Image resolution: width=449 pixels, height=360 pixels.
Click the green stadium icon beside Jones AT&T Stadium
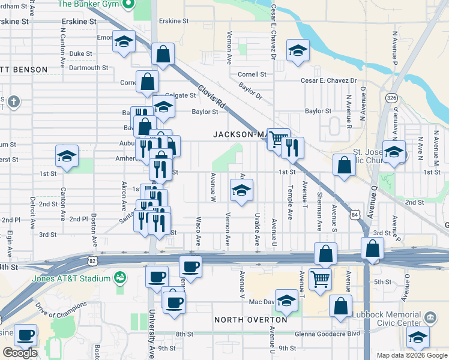tap(120, 278)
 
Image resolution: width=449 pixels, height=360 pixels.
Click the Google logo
tap(20, 353)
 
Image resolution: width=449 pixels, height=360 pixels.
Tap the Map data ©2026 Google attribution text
tap(412, 355)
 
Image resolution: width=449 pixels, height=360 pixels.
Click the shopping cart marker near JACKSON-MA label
tap(277, 140)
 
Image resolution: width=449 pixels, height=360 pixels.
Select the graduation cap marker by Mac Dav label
tap(286, 302)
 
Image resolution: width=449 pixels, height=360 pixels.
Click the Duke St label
tap(80, 53)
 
